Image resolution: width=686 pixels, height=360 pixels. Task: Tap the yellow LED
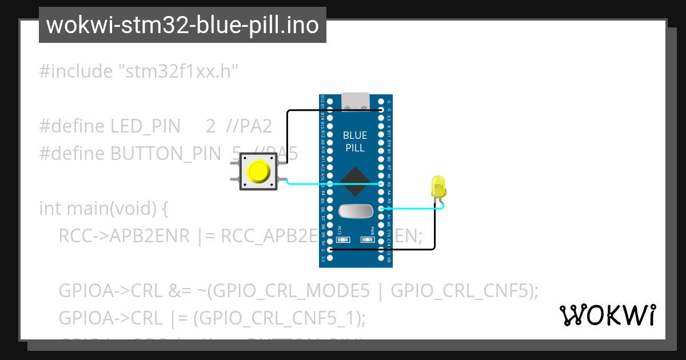click(438, 187)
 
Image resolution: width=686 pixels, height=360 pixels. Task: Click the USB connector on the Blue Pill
click(355, 101)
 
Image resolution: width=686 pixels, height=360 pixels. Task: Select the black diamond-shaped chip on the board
click(355, 183)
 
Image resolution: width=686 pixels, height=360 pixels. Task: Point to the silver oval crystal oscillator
click(355, 211)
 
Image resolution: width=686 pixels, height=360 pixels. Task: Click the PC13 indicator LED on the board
click(340, 239)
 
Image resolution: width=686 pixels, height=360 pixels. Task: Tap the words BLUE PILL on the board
click(355, 142)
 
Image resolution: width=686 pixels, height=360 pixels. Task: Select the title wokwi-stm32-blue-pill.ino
click(182, 25)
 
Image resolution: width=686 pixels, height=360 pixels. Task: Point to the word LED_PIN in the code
click(145, 126)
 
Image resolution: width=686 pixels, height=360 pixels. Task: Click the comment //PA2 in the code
click(249, 126)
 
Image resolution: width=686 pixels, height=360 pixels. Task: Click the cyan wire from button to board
click(332, 184)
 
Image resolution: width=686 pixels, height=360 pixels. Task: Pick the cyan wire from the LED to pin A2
click(412, 209)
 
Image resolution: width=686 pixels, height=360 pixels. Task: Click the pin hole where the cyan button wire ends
click(382, 185)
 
